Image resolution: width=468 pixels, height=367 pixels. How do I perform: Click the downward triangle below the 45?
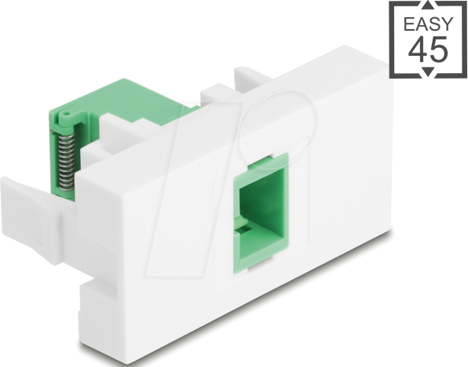coord(428,72)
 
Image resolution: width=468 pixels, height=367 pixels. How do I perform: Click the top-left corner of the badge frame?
coord(391,3)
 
